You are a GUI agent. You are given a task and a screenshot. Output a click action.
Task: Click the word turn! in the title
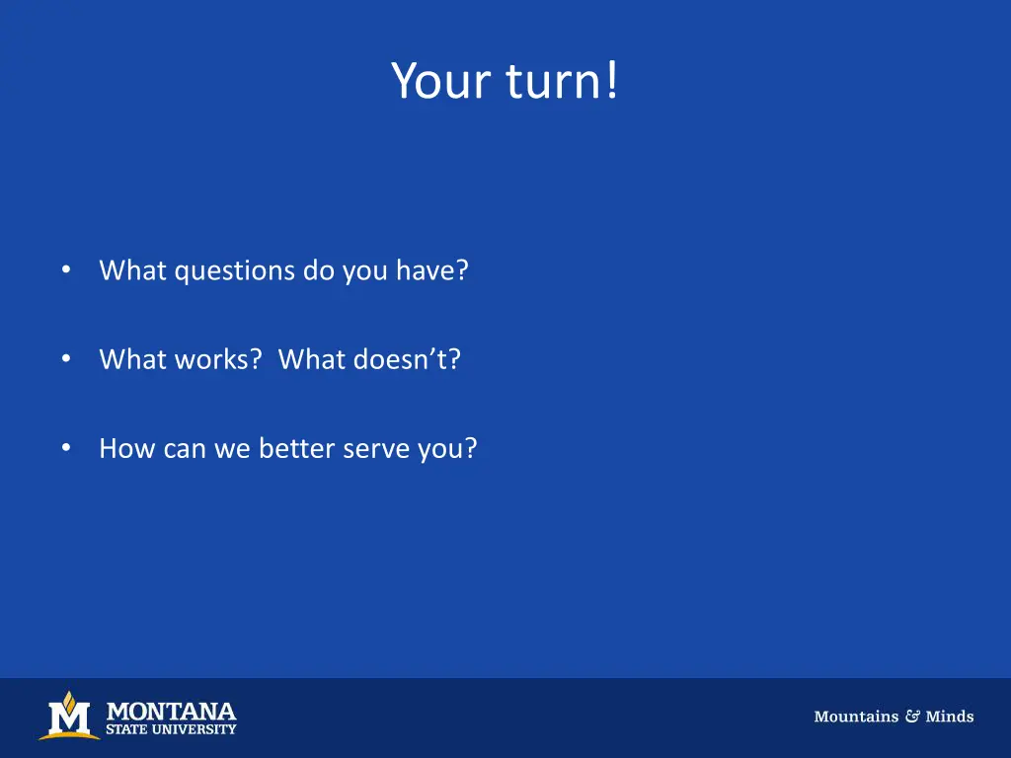coord(563,81)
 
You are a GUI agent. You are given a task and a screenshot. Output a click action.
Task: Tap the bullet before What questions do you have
coord(65,269)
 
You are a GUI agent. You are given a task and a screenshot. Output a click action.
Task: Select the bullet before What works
coord(65,359)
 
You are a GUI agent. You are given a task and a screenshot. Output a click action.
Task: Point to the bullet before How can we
coord(65,448)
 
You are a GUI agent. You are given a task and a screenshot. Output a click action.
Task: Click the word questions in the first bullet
coord(235,270)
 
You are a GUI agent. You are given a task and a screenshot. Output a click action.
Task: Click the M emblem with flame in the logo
coord(69,717)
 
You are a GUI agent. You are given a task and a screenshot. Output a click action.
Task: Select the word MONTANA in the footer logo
coord(171,711)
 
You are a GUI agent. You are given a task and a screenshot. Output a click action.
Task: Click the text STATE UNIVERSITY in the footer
coord(171,729)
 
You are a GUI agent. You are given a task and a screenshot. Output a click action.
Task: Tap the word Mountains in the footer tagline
coord(855,717)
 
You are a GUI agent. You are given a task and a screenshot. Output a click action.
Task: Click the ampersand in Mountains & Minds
coord(912,717)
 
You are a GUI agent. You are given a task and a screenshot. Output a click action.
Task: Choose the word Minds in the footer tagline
coord(950,717)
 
